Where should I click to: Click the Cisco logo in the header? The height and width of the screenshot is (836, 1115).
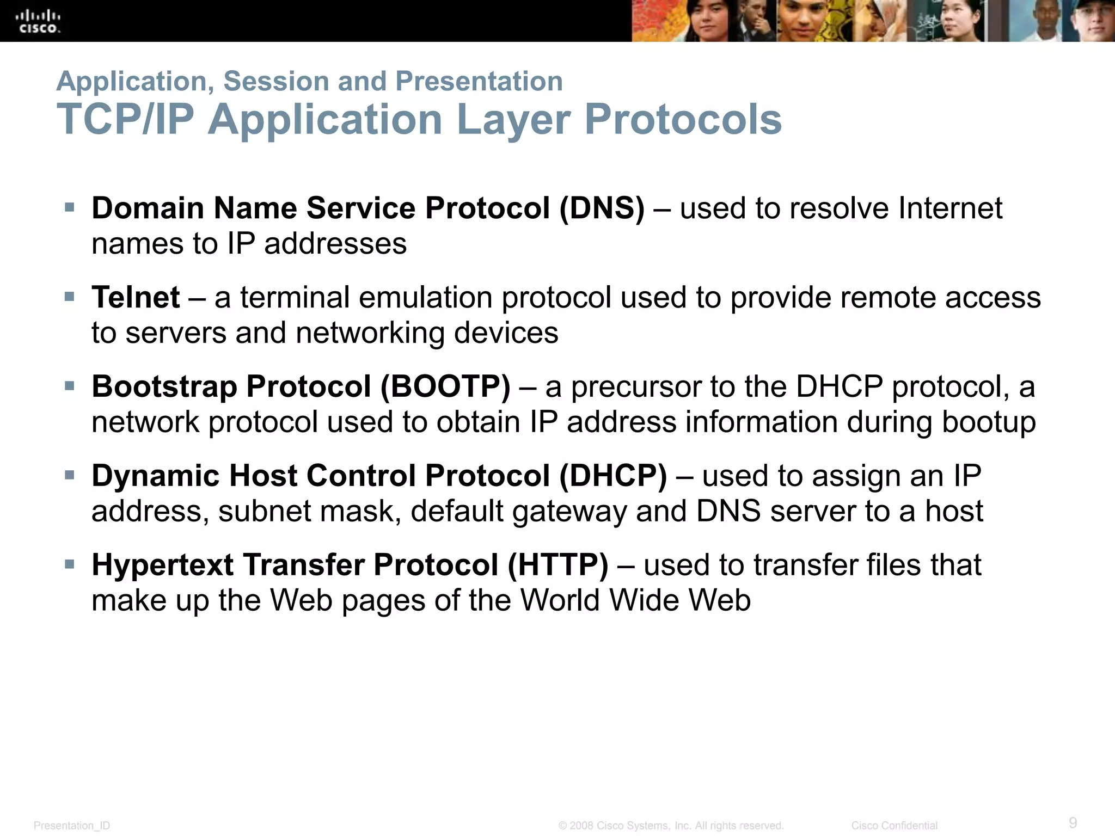[39, 22]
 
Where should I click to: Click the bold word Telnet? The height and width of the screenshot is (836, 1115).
[136, 298]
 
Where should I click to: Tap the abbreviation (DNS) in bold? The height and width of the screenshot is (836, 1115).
[602, 208]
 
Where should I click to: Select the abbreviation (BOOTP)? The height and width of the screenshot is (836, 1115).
[445, 387]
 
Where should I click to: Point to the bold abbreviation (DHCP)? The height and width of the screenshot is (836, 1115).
[612, 476]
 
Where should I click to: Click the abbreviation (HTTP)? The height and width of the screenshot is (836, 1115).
[557, 565]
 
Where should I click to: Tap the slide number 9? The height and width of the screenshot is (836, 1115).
[1073, 822]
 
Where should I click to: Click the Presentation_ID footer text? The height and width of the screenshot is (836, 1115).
[72, 826]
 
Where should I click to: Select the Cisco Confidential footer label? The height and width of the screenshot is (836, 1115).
[894, 826]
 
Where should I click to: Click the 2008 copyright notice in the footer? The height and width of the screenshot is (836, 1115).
[671, 826]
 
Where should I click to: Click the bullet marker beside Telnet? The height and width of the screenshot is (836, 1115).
[69, 297]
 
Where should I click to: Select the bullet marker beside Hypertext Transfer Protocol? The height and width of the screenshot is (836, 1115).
[69, 564]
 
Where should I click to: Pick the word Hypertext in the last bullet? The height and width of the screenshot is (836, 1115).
[162, 565]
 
